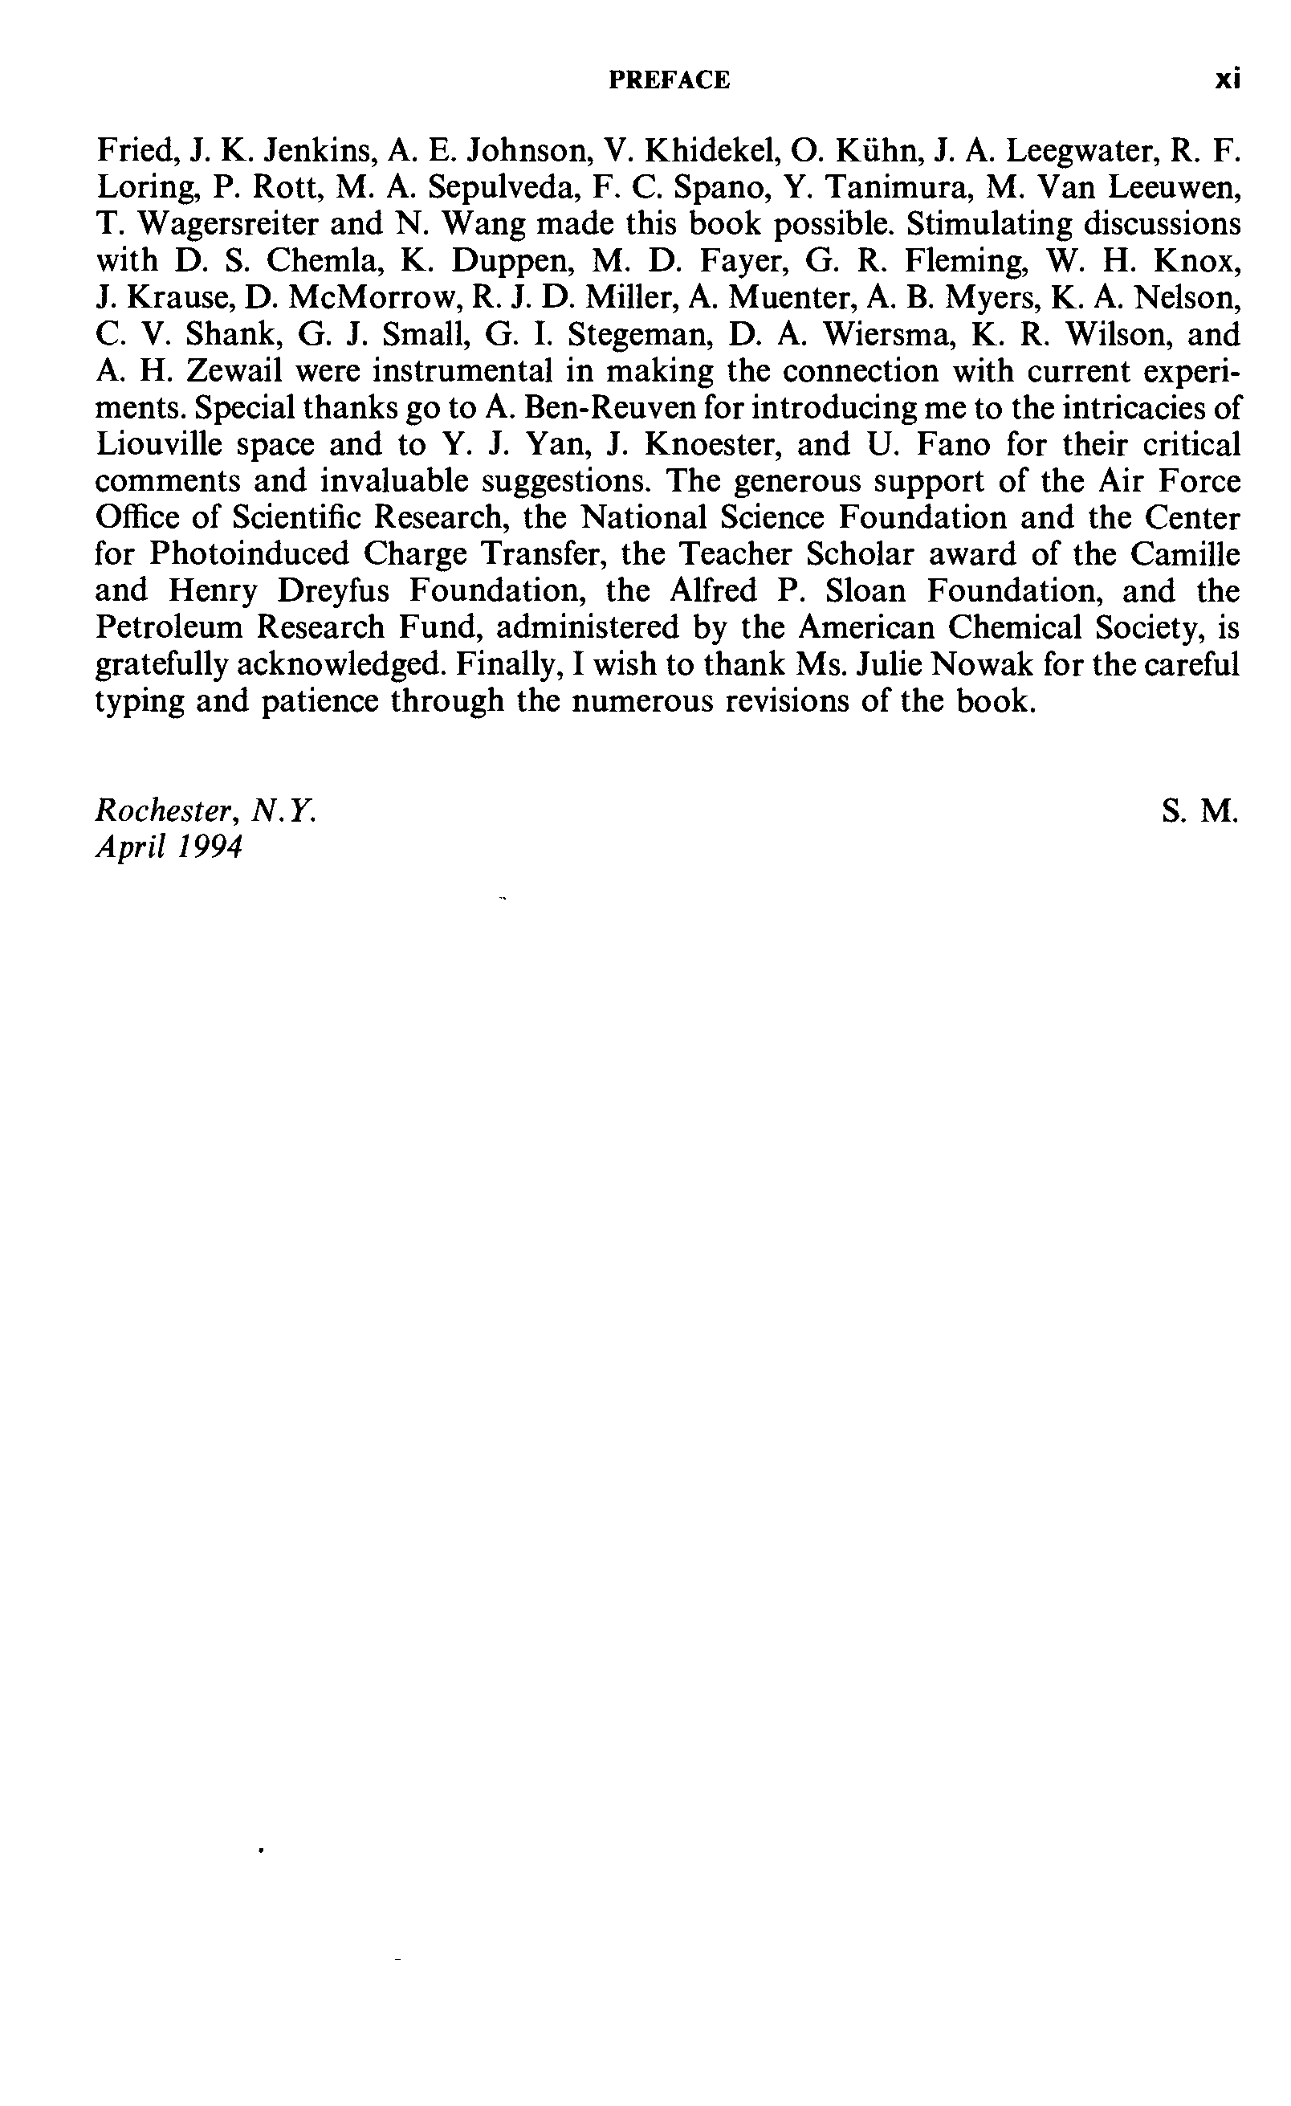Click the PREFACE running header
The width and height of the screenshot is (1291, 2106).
click(x=669, y=80)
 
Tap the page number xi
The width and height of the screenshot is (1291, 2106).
click(x=1228, y=80)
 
